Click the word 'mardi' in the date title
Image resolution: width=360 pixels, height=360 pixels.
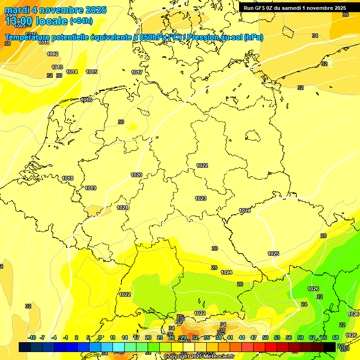click(17, 10)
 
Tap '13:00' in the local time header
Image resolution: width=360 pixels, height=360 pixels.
click(19, 21)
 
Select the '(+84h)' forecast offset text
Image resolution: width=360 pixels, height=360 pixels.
click(81, 21)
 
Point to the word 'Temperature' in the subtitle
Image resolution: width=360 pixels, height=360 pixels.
click(31, 37)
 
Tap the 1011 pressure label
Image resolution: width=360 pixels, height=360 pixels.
click(44, 43)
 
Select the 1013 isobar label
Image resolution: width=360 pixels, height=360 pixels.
click(57, 67)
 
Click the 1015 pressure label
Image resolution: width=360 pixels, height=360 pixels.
click(91, 72)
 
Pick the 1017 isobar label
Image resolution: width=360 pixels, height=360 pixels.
click(137, 73)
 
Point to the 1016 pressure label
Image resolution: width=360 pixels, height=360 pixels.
click(86, 100)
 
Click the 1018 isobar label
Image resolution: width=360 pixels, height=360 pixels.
click(67, 179)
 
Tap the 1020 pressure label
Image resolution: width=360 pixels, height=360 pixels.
click(136, 175)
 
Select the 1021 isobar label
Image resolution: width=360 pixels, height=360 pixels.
click(122, 208)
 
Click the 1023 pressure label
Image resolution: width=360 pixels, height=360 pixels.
click(201, 199)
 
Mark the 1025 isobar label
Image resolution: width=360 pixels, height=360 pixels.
click(273, 254)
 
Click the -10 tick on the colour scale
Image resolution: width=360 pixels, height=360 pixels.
click(32, 338)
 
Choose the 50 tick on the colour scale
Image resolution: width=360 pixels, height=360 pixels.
click(265, 338)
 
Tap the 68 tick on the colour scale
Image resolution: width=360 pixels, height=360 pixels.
click(336, 338)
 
